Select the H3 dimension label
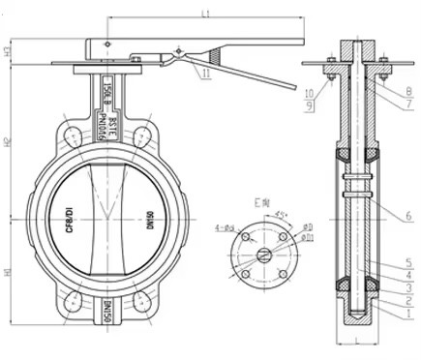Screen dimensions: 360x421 8,52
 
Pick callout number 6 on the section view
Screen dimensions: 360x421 409,215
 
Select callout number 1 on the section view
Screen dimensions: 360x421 409,313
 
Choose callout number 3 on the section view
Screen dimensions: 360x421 409,287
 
